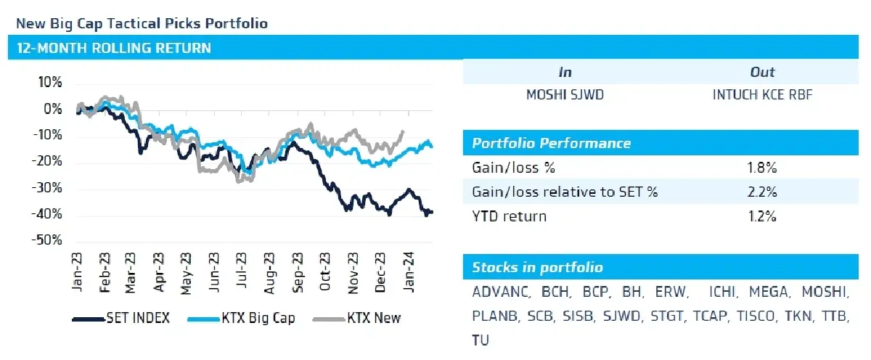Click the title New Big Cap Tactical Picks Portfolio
(142, 23)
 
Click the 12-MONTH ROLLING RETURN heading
(114, 49)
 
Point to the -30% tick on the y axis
(49, 188)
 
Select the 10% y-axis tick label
(51, 83)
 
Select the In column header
(565, 72)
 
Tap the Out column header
(761, 72)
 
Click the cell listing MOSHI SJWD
(565, 95)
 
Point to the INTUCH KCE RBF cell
(762, 95)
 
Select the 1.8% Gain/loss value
(762, 168)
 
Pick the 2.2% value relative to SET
(762, 192)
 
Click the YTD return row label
(509, 216)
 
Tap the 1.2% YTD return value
(762, 216)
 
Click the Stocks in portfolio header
(537, 267)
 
